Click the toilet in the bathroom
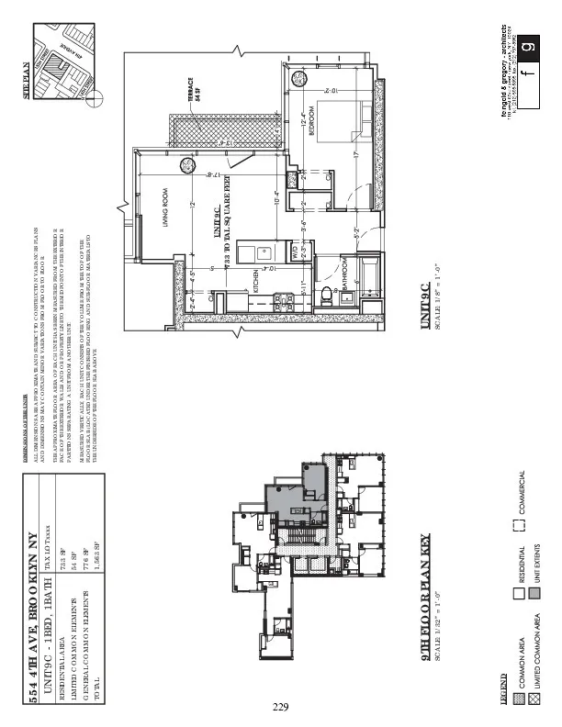[x=326, y=296]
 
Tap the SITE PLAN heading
[x=26, y=79]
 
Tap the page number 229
[x=280, y=706]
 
